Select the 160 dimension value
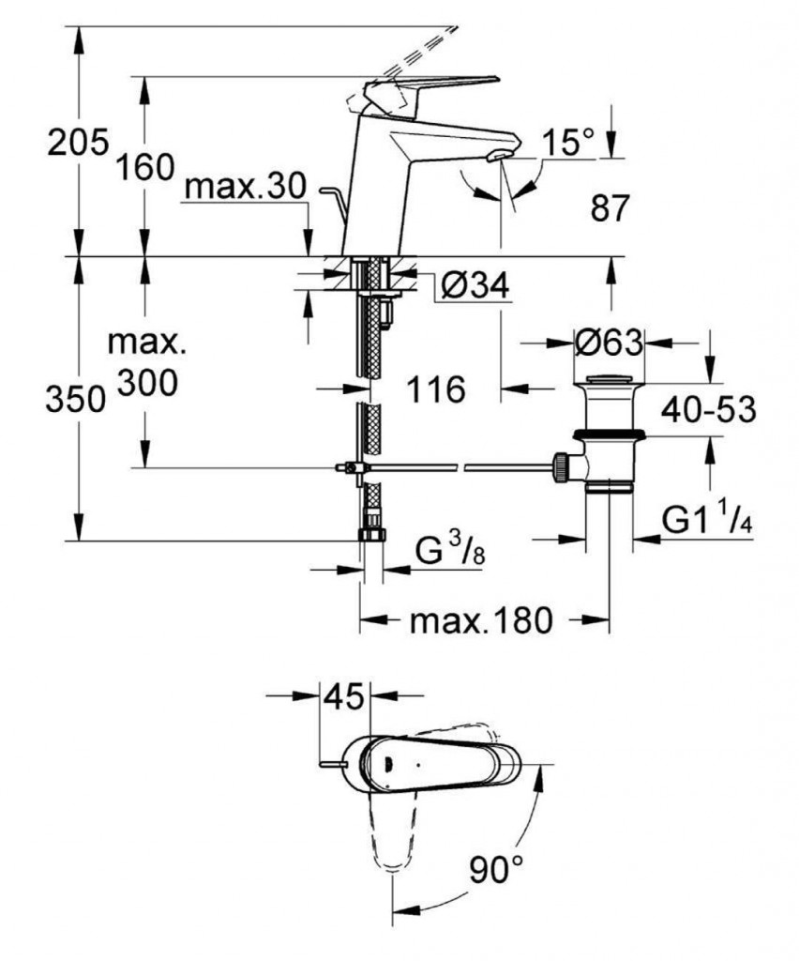(x=145, y=168)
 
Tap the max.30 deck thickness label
(x=246, y=188)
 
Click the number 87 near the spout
(x=610, y=208)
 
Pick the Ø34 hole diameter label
(x=475, y=286)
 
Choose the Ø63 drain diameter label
(x=609, y=343)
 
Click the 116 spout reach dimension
(x=436, y=388)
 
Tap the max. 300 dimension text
(x=147, y=362)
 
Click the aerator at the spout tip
(x=503, y=154)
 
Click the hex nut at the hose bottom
(x=372, y=535)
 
